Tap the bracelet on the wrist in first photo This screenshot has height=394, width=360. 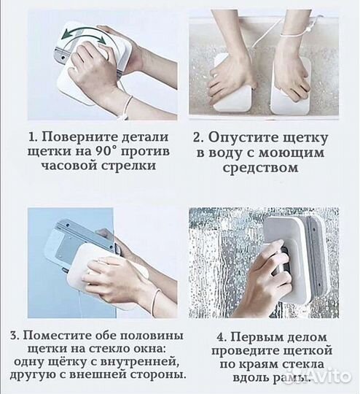(x=128, y=105)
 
